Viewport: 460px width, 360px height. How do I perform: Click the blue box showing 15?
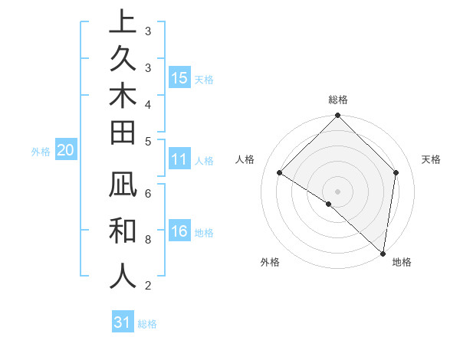pyautogui.click(x=179, y=78)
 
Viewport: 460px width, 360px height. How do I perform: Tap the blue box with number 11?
pyautogui.click(x=179, y=160)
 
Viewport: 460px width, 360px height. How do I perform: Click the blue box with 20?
pyautogui.click(x=66, y=151)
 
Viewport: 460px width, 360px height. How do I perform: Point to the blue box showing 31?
pyautogui.click(x=123, y=322)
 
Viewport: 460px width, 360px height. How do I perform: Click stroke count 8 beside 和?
pyautogui.click(x=147, y=240)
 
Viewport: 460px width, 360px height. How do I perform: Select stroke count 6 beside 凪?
pyautogui.click(x=147, y=195)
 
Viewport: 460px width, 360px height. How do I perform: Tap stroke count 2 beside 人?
pyautogui.click(x=147, y=286)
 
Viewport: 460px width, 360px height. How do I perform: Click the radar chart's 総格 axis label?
pyautogui.click(x=338, y=100)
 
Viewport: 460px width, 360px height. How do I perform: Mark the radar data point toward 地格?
pyautogui.click(x=383, y=253)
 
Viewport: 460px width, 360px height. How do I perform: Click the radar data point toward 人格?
pyautogui.click(x=280, y=173)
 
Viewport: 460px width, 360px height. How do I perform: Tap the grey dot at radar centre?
pyautogui.click(x=338, y=191)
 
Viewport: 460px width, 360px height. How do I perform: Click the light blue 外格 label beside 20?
pyautogui.click(x=41, y=152)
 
